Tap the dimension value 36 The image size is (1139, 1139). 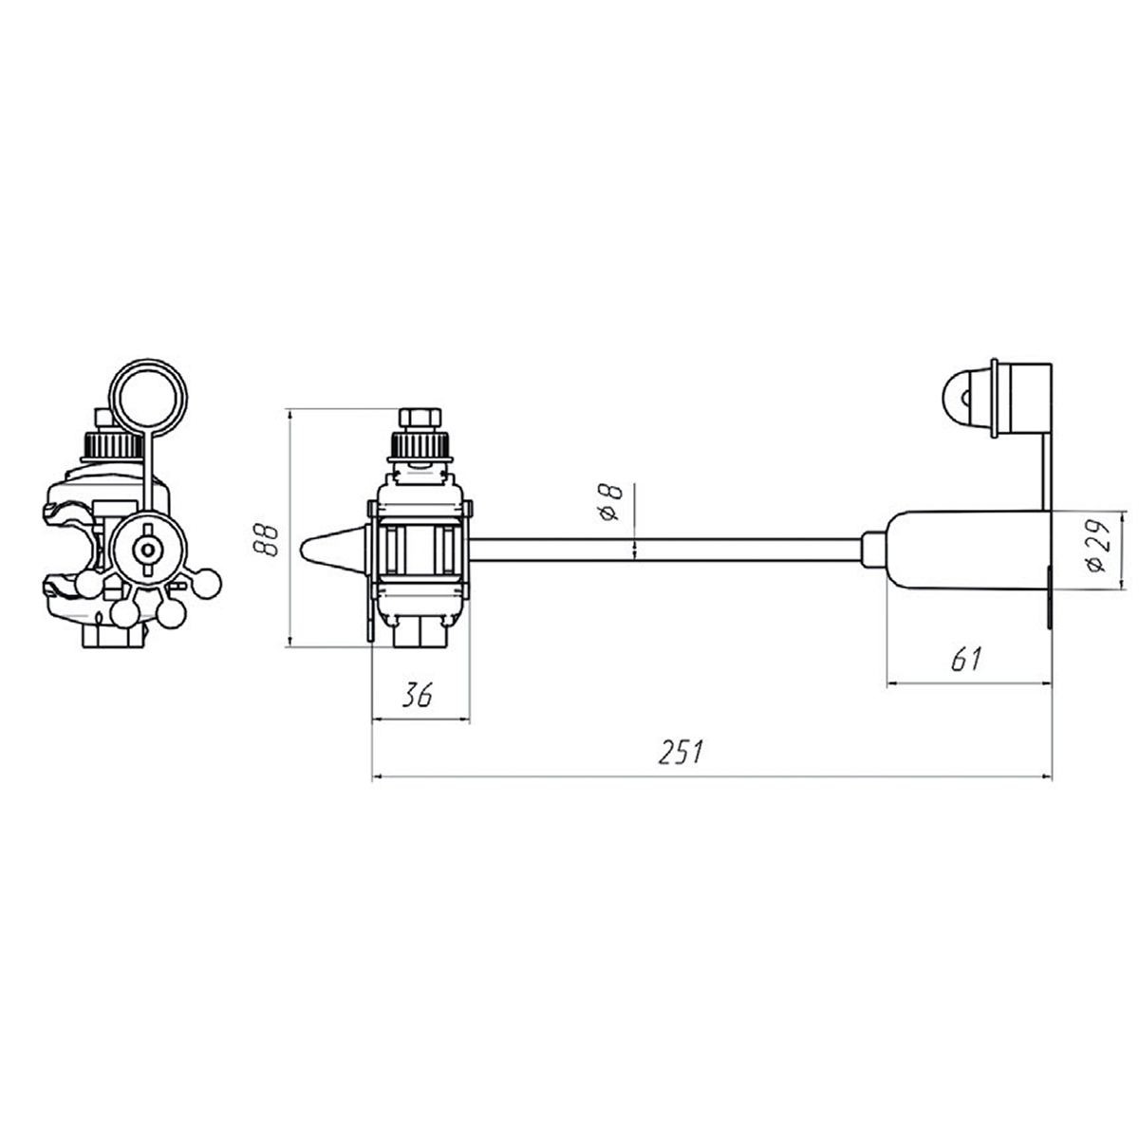click(418, 695)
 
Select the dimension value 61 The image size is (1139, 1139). click(966, 659)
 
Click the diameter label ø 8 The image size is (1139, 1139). click(610, 503)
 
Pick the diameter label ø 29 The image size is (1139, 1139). click(1096, 547)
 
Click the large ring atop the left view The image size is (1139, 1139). click(150, 395)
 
